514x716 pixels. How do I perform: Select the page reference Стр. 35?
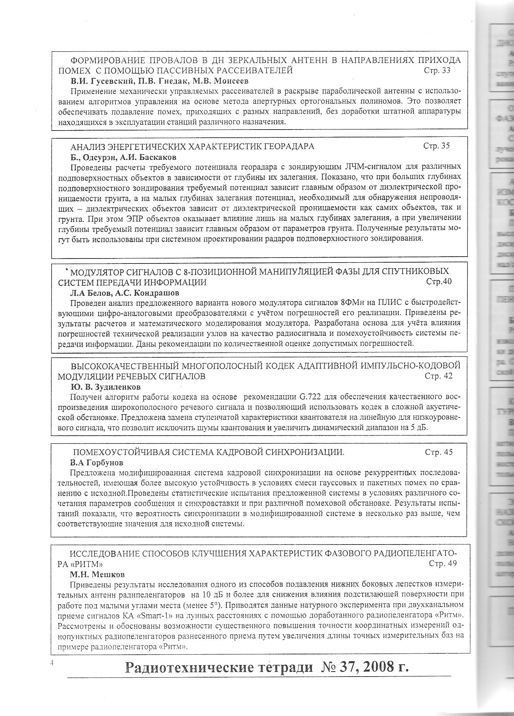[x=436, y=146]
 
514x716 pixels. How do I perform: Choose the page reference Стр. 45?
[x=439, y=452]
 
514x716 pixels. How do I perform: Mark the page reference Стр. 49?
[x=443, y=564]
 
